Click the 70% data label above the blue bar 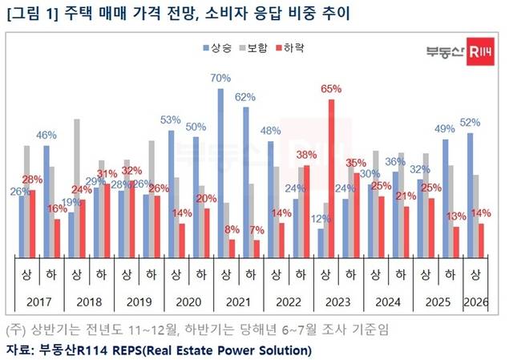[x=221, y=78]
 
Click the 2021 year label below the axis [x=232, y=301]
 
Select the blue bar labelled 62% [x=246, y=181]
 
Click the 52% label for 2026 [x=470, y=123]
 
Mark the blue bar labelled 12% [x=321, y=242]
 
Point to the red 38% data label [x=305, y=155]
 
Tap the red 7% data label [x=256, y=230]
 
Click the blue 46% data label [x=46, y=136]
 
